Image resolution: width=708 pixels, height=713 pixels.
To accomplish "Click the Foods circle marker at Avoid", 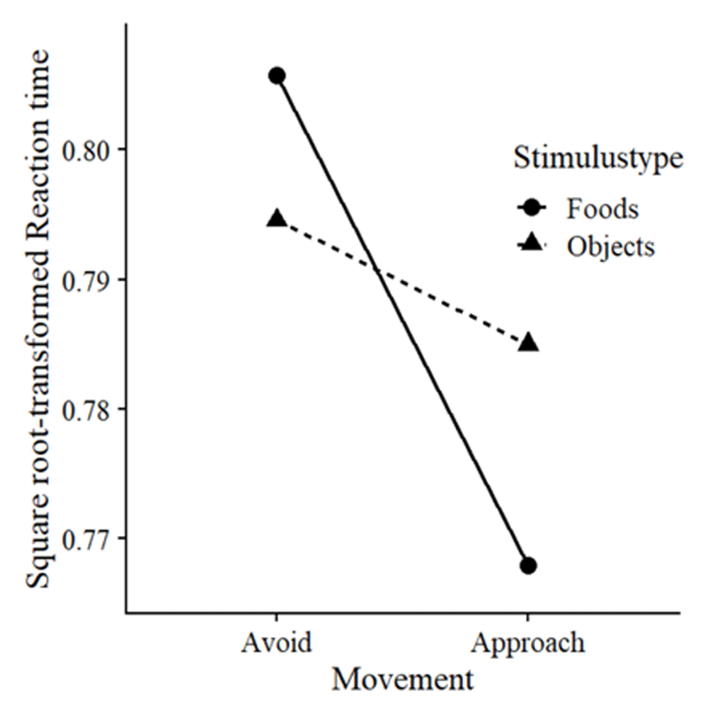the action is click(277, 76).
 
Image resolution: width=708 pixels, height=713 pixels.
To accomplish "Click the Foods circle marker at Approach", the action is click(528, 566).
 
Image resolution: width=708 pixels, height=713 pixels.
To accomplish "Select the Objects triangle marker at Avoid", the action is click(277, 219).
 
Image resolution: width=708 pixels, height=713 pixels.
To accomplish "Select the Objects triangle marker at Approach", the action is click(528, 343).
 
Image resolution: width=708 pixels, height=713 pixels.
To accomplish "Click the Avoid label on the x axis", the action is click(276, 643).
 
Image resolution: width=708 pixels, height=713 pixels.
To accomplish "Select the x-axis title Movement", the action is click(402, 680).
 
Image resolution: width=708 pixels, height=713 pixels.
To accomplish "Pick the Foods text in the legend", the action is click(602, 209).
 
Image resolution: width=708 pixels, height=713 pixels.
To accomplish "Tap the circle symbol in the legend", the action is click(532, 209).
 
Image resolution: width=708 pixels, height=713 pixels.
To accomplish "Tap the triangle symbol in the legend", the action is click(532, 244).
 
